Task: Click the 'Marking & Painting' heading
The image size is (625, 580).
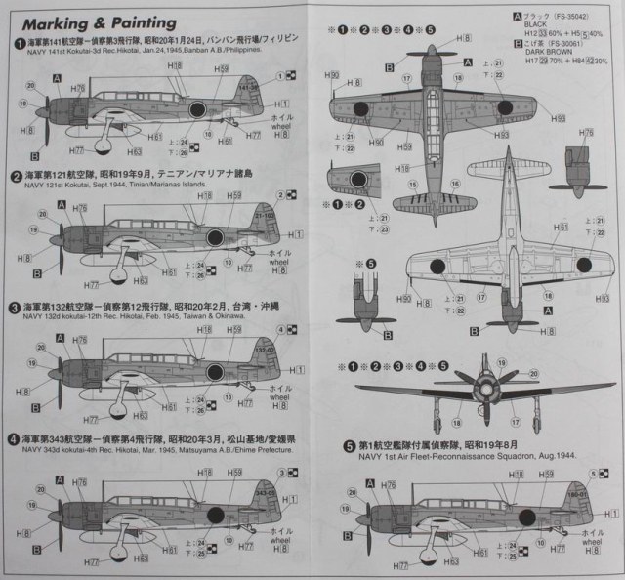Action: tap(95, 21)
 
